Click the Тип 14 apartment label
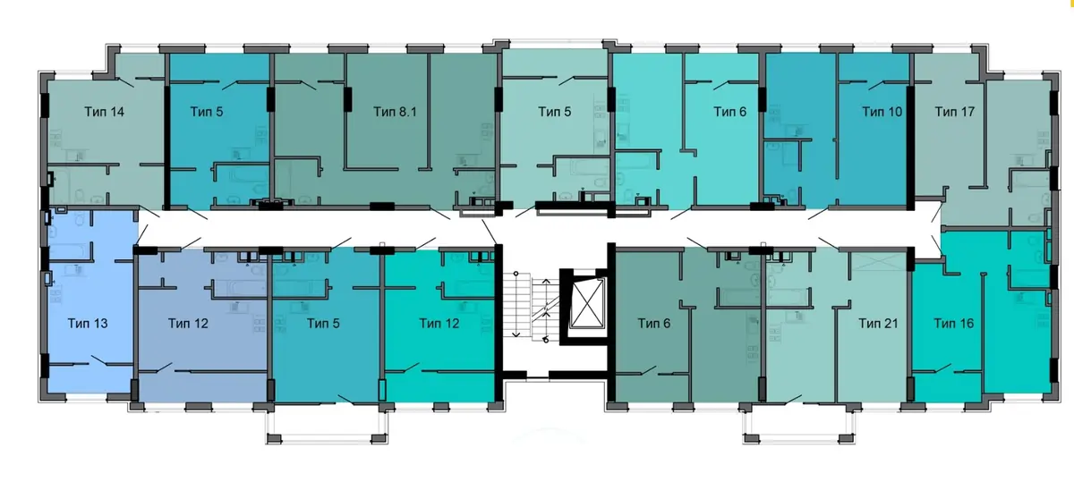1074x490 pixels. coord(104,112)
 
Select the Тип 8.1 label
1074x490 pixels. coord(395,112)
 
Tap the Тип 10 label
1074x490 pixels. coord(882,112)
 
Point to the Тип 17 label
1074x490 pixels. coord(955,112)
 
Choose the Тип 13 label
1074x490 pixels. coord(88,324)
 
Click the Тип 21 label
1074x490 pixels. coord(878,324)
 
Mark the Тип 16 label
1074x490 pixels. coord(954,324)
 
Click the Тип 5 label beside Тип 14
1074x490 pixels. coord(207,112)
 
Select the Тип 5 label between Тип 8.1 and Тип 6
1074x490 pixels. coord(555,112)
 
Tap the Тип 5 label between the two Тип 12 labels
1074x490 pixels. coord(323,324)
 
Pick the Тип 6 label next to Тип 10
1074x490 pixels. coord(730,112)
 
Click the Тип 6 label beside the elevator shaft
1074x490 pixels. coord(654,324)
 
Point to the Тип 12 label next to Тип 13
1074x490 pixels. coord(188,324)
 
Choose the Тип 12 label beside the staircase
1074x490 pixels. coord(439,324)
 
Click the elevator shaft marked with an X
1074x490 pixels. coord(588,303)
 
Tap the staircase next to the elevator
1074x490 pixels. coord(532,306)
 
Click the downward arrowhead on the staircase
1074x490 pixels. coord(516,334)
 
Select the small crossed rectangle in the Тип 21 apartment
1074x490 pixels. coord(878,261)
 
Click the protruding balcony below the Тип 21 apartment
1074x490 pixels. coord(798,427)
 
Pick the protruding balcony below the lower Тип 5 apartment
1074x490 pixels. coord(327,427)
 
